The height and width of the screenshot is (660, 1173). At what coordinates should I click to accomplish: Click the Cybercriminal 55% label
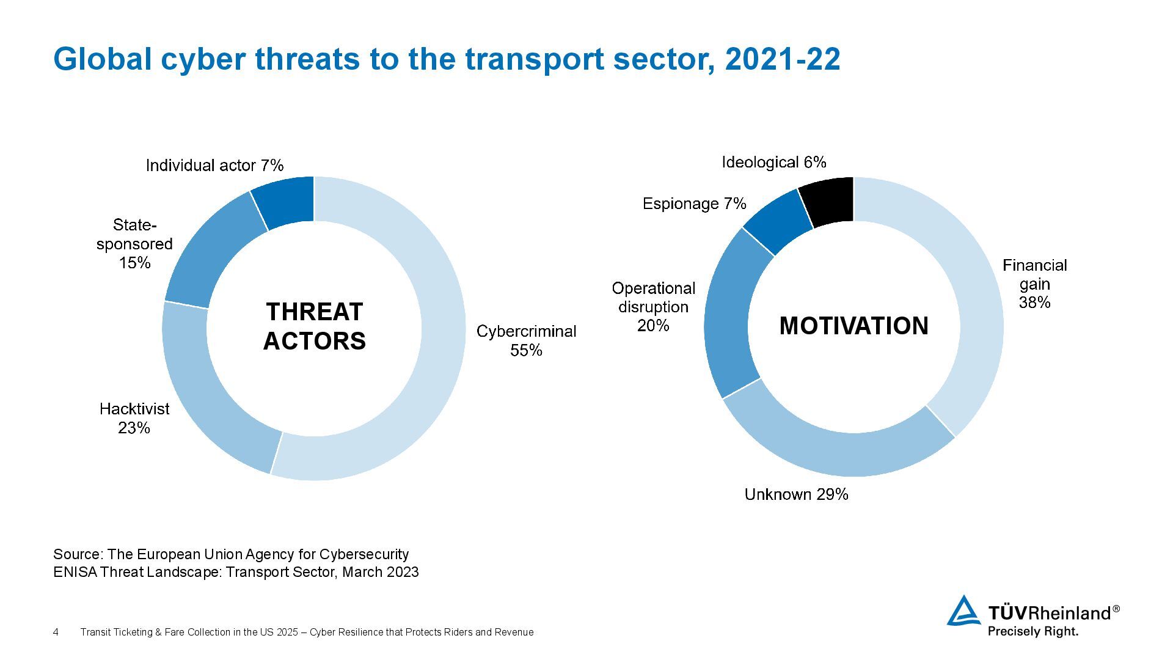[x=526, y=340]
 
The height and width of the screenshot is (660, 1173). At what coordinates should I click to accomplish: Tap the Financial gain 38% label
[x=1034, y=284]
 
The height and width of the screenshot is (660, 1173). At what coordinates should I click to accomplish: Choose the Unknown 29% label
[x=796, y=494]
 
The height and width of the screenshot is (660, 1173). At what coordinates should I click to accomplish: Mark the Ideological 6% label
[x=773, y=162]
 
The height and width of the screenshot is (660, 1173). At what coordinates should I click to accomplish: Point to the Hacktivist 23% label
[x=134, y=418]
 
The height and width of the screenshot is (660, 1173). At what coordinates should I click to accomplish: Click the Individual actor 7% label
[x=214, y=166]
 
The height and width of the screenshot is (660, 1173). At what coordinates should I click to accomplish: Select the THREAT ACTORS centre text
[x=314, y=326]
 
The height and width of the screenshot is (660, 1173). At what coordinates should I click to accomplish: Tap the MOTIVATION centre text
[x=853, y=326]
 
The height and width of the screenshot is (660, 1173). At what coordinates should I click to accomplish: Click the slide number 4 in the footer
[x=56, y=632]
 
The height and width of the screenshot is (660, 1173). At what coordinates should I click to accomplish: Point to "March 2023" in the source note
[x=380, y=572]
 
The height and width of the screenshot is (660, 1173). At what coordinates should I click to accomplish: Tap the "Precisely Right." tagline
[x=1032, y=631]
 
